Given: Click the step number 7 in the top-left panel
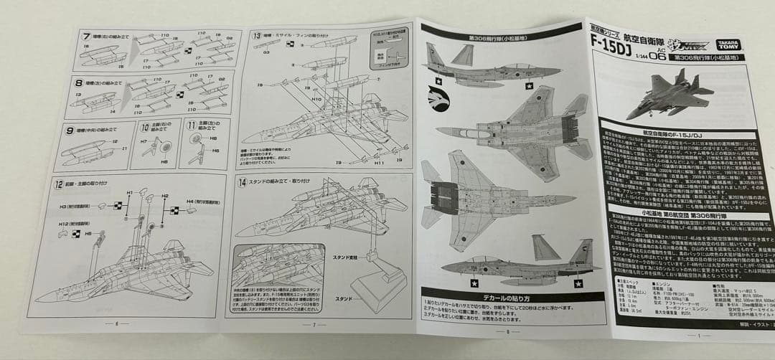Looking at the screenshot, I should pos(87,35).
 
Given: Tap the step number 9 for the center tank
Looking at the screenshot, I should pos(70,131).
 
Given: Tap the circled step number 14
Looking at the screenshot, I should pos(240,182).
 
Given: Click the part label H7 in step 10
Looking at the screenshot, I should pos(144,142).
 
